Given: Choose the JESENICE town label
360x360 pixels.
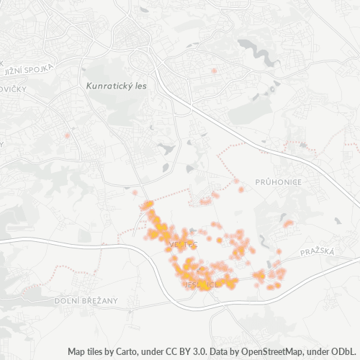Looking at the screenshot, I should (x=201, y=285).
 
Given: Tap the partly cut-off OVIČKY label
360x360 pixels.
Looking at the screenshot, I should (x=13, y=89).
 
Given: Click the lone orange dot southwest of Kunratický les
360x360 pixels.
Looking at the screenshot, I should (x=68, y=135).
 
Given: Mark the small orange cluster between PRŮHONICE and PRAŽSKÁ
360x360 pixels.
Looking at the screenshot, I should (x=288, y=224).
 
